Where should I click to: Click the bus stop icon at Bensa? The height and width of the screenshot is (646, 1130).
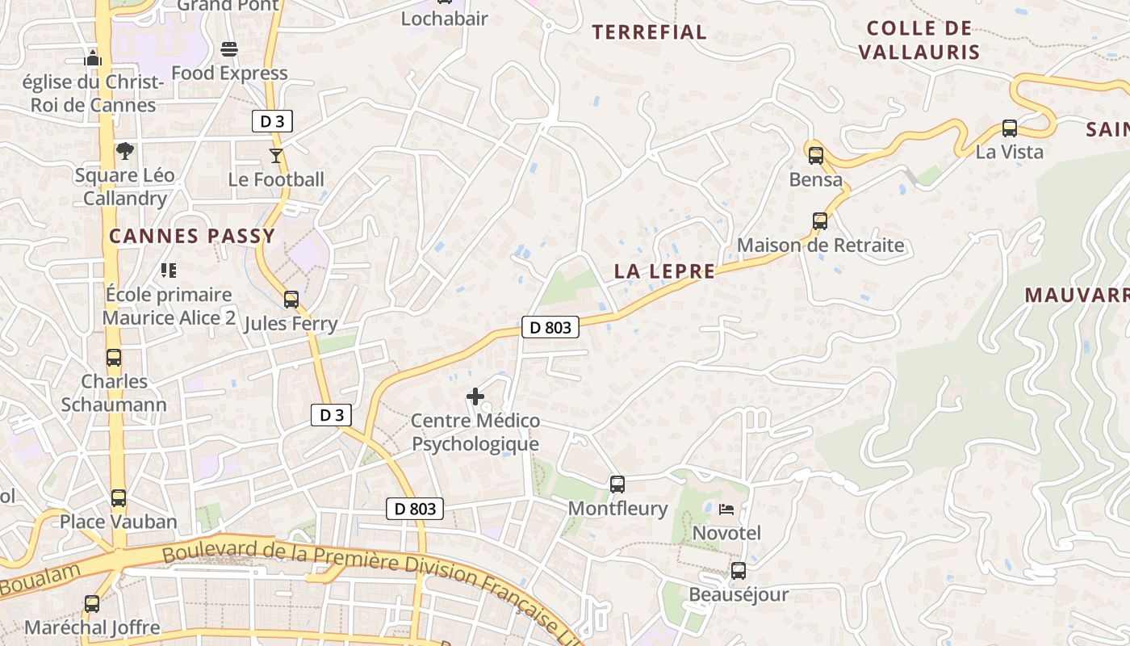click(x=815, y=155)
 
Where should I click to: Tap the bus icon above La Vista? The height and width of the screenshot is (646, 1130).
click(x=1009, y=128)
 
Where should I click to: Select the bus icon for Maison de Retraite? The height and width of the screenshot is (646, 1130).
click(x=820, y=220)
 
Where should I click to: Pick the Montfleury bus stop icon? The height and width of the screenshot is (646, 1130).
click(x=617, y=484)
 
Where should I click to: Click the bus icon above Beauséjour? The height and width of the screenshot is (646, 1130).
click(x=738, y=571)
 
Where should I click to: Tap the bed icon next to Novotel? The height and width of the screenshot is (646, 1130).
click(x=726, y=510)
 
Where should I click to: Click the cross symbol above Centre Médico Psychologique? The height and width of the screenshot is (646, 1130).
click(x=475, y=396)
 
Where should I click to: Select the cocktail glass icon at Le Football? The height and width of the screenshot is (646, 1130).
click(x=276, y=155)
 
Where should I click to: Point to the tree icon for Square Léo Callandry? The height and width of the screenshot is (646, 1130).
click(x=124, y=150)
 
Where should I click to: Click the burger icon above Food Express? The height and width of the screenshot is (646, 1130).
click(x=229, y=49)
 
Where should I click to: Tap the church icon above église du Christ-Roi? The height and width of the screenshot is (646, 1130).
click(x=93, y=58)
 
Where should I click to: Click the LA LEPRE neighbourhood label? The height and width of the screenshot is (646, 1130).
click(x=664, y=271)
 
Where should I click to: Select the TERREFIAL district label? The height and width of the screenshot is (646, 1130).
click(x=649, y=32)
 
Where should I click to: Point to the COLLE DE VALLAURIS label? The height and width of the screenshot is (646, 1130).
click(x=919, y=40)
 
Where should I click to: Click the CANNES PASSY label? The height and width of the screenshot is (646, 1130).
click(x=192, y=236)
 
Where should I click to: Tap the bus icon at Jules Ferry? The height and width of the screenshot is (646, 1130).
click(x=291, y=300)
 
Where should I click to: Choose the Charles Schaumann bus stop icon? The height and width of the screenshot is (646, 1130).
click(x=114, y=357)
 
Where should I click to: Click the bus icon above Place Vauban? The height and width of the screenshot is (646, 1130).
click(x=119, y=497)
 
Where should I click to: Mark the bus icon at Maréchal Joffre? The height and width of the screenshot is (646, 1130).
click(x=92, y=603)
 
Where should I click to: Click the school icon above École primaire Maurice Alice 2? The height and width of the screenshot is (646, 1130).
click(x=169, y=270)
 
